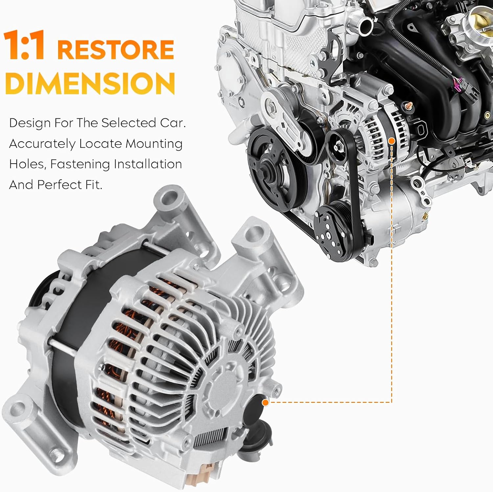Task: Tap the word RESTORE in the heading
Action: pyautogui.click(x=116, y=50)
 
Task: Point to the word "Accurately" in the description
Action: pyautogui.click(x=42, y=144)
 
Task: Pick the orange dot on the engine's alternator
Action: pyautogui.click(x=391, y=141)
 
